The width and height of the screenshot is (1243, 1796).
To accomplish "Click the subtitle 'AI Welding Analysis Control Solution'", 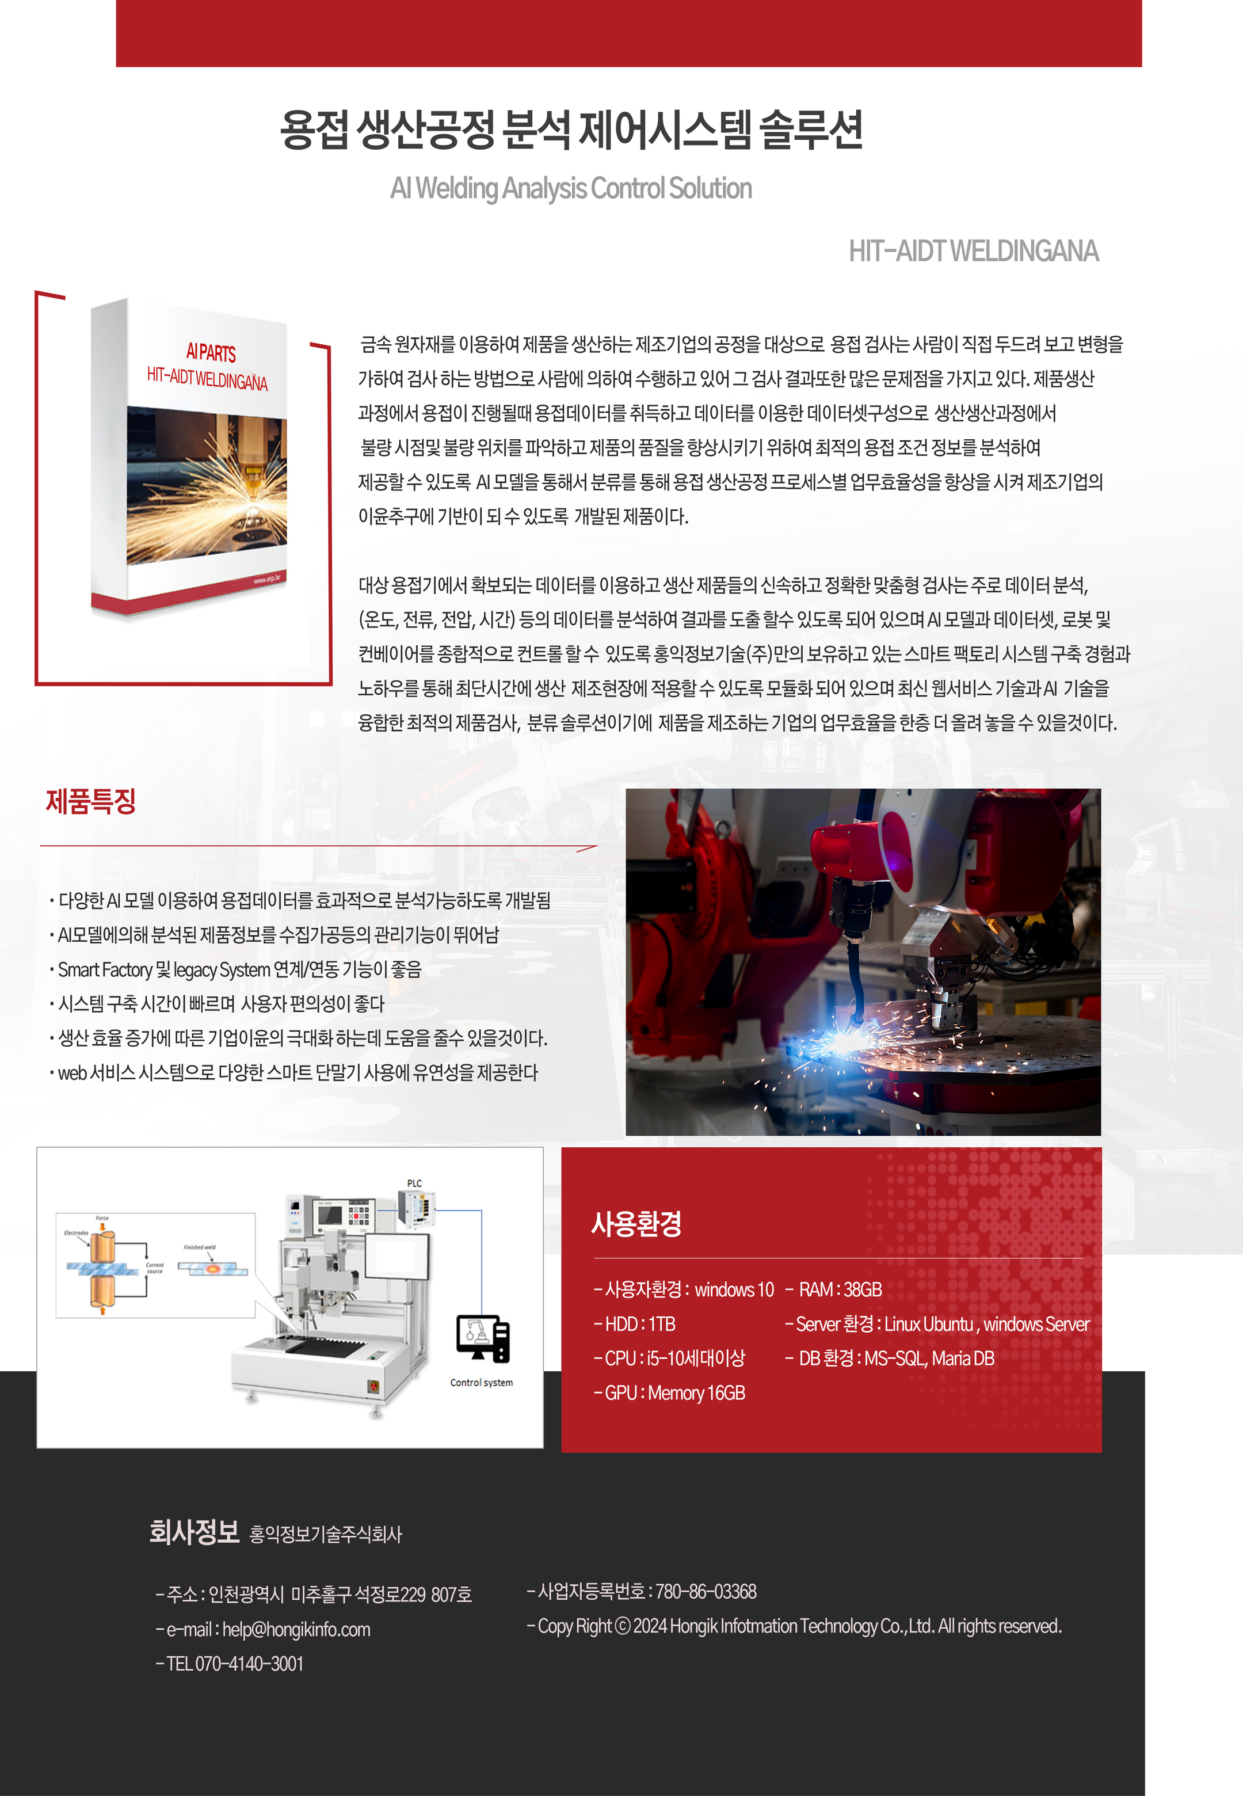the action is (x=571, y=188).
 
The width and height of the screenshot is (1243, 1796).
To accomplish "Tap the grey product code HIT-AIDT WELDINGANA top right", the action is (x=974, y=252).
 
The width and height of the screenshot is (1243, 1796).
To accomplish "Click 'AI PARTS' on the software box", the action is (x=211, y=352).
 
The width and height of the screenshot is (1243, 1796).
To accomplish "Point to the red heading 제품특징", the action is (x=90, y=801).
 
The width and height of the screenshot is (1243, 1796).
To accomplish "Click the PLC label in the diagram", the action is (x=414, y=1183).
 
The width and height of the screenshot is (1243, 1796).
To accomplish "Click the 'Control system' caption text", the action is (x=481, y=1383).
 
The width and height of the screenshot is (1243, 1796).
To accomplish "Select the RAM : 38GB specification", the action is (x=833, y=1290).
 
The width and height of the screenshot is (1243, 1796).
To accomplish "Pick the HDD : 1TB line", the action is (x=635, y=1324).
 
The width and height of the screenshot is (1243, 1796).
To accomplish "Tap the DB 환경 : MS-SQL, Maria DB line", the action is (x=890, y=1359).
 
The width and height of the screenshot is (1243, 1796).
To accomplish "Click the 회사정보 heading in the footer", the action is (x=194, y=1531).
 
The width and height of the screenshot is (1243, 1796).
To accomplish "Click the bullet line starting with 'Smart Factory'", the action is (x=235, y=969).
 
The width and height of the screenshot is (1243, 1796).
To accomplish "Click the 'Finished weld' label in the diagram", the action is (x=199, y=1247).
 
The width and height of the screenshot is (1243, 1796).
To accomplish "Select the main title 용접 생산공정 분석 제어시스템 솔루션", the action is (x=571, y=130).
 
